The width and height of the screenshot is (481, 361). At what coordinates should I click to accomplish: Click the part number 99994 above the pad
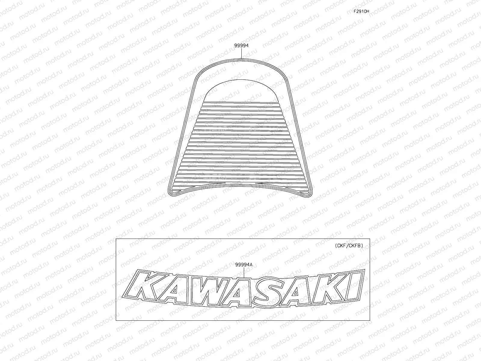pos(241,46)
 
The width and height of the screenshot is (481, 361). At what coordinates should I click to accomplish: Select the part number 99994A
pos(244,264)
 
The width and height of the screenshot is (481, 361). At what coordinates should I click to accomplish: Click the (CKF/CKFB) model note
pos(349,245)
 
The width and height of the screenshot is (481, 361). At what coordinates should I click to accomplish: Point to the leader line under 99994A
pos(244,272)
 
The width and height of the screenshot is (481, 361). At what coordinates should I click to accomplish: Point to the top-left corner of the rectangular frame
pos(116,239)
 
